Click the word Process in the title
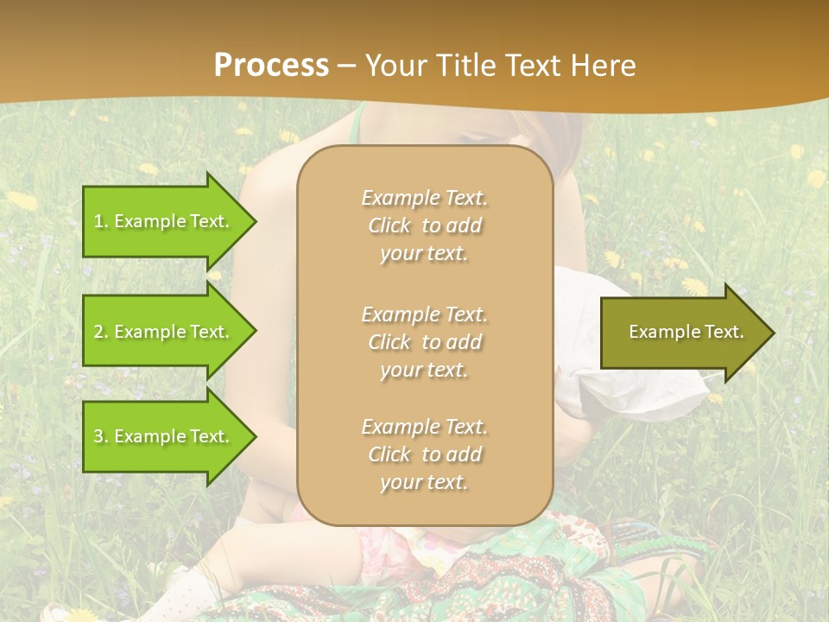(271, 65)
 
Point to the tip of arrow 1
(255, 221)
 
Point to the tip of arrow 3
(255, 436)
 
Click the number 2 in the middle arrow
(98, 332)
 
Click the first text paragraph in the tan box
(424, 225)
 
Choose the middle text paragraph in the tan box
(424, 341)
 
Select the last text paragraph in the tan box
(424, 454)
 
